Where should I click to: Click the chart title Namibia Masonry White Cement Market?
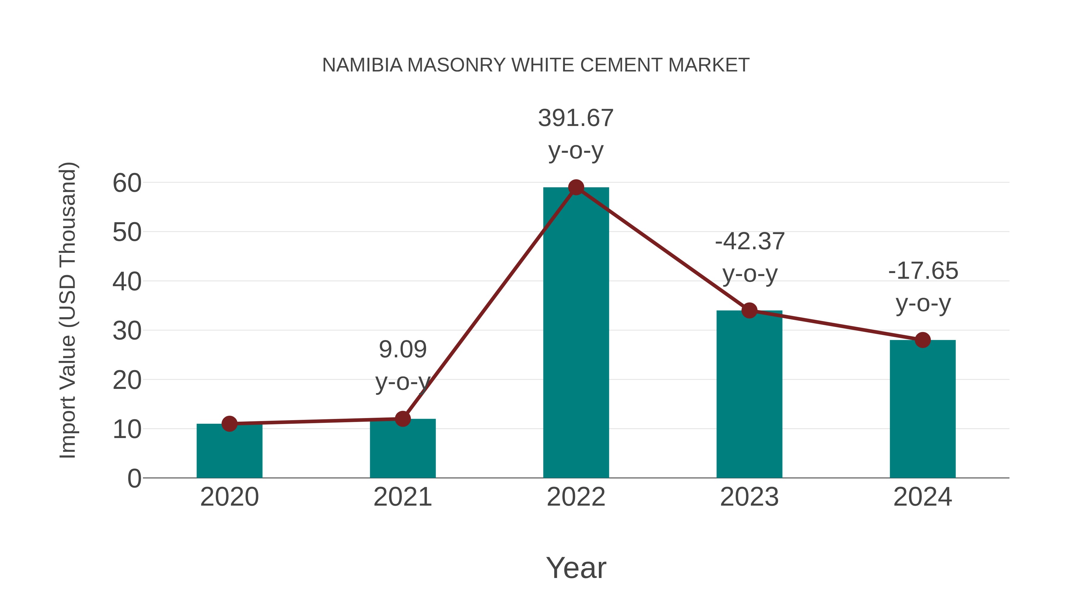tap(536, 65)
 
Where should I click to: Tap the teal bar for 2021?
tap(402, 449)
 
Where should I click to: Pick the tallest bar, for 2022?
tap(576, 333)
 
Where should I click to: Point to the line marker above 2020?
tap(229, 424)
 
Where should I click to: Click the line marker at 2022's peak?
tap(576, 187)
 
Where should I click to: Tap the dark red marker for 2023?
tap(749, 311)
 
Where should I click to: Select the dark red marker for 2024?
tap(923, 340)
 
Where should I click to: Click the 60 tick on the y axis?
tap(127, 183)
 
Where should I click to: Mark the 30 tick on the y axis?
tap(127, 331)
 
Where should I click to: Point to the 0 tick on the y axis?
tap(134, 479)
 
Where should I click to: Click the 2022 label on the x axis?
tap(576, 497)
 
